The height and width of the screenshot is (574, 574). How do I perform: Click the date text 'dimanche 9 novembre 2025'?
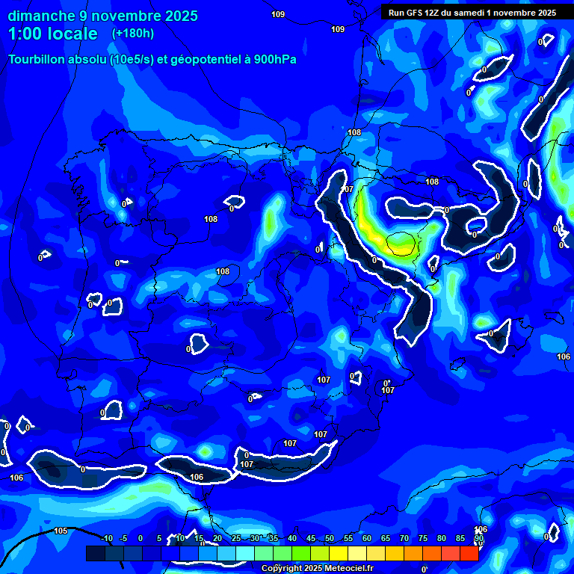(102, 16)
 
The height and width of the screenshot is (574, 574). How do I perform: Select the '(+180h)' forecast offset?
(135, 34)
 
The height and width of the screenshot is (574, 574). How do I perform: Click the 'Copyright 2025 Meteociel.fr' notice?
(317, 569)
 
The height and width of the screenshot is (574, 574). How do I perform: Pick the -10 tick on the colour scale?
(106, 539)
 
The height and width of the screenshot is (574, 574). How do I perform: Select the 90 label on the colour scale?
(478, 539)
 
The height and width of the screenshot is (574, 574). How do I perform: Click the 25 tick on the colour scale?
(235, 539)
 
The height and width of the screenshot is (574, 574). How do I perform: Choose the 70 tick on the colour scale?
(404, 539)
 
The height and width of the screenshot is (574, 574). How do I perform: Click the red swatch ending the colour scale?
(469, 553)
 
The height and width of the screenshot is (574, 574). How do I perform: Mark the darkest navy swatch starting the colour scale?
(95, 553)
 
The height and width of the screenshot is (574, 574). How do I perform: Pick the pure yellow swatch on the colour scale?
(338, 553)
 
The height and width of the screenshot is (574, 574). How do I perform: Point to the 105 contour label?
(61, 531)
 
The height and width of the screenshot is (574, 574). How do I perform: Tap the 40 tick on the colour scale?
(291, 539)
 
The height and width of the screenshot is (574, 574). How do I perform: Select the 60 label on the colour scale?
(366, 539)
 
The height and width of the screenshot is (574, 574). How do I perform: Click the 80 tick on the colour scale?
(441, 539)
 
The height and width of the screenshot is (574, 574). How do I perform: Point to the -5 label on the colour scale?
(123, 539)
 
